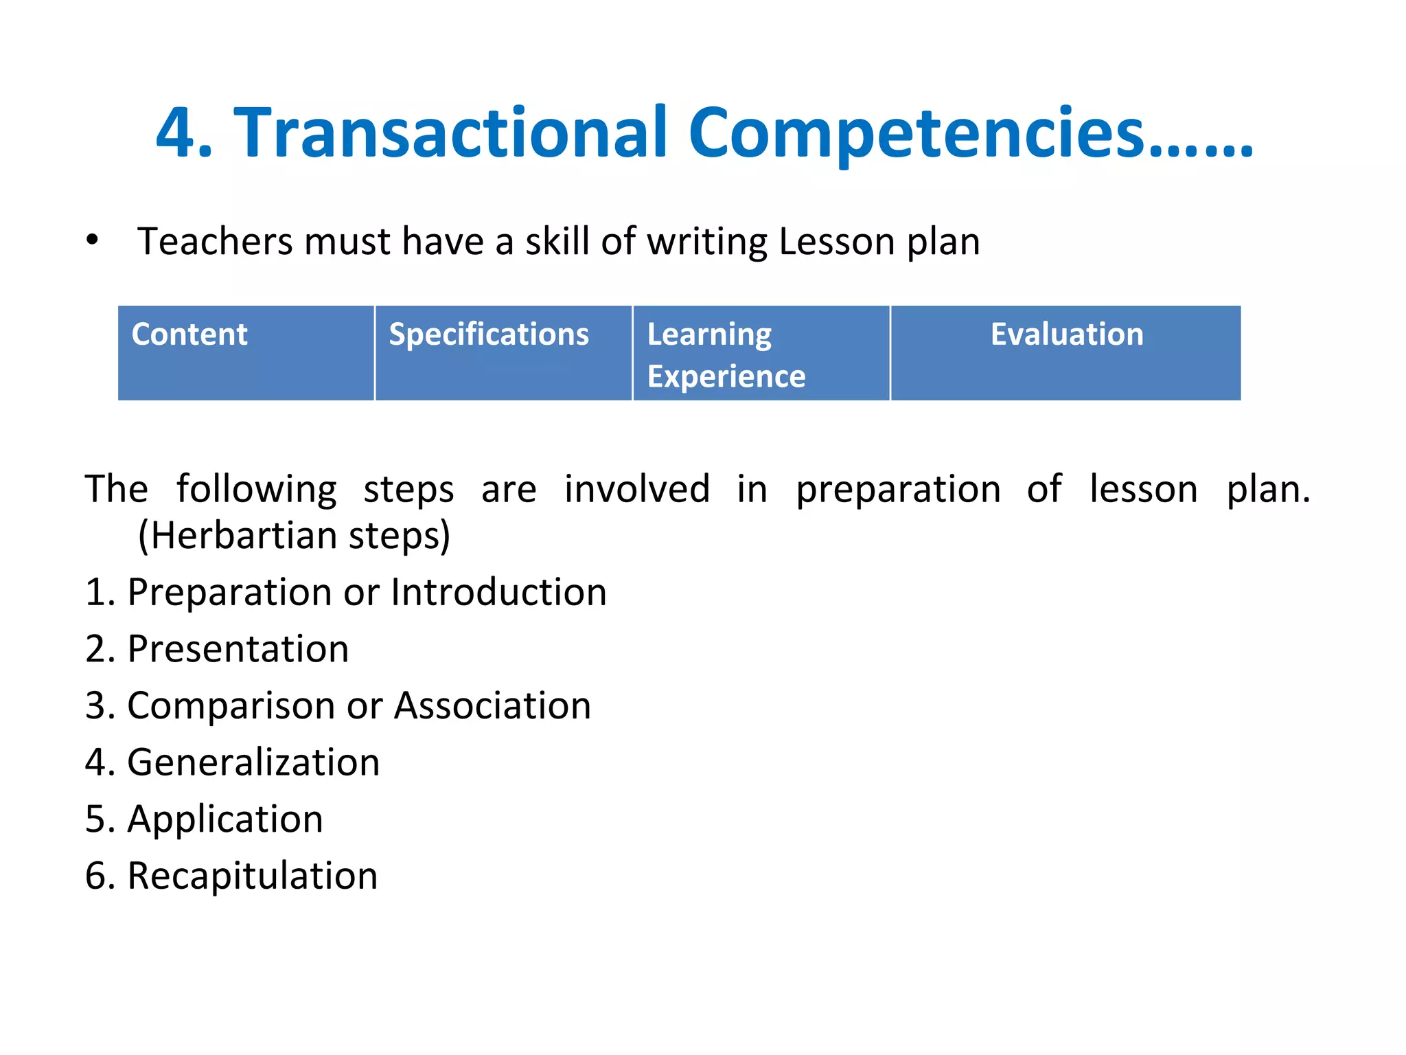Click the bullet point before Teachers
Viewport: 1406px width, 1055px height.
click(x=93, y=240)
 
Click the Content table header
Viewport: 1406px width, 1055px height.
click(x=189, y=334)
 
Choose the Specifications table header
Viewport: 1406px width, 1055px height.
click(x=489, y=334)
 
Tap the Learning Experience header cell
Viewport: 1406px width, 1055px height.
click(x=726, y=354)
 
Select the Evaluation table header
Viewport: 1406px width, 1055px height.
click(x=1066, y=334)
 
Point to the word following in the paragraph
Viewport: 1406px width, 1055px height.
click(x=256, y=490)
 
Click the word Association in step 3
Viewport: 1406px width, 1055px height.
click(x=492, y=706)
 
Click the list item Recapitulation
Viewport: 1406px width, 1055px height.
click(x=252, y=876)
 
